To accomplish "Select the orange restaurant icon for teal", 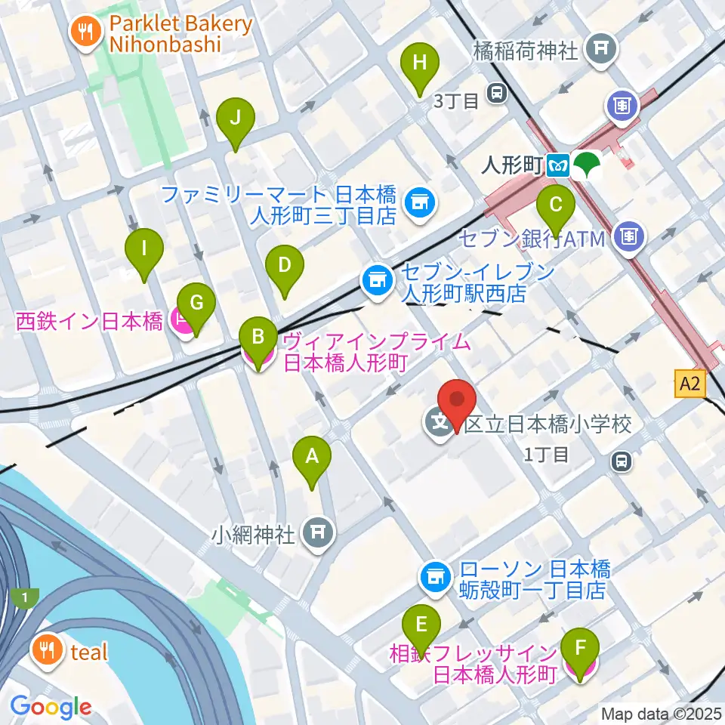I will click(48, 651).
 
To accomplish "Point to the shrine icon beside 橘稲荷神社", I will click(601, 49).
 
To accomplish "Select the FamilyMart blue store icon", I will click(418, 202).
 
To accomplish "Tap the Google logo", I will click(51, 707).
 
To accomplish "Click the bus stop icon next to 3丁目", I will click(496, 92).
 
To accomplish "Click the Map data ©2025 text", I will click(662, 713).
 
